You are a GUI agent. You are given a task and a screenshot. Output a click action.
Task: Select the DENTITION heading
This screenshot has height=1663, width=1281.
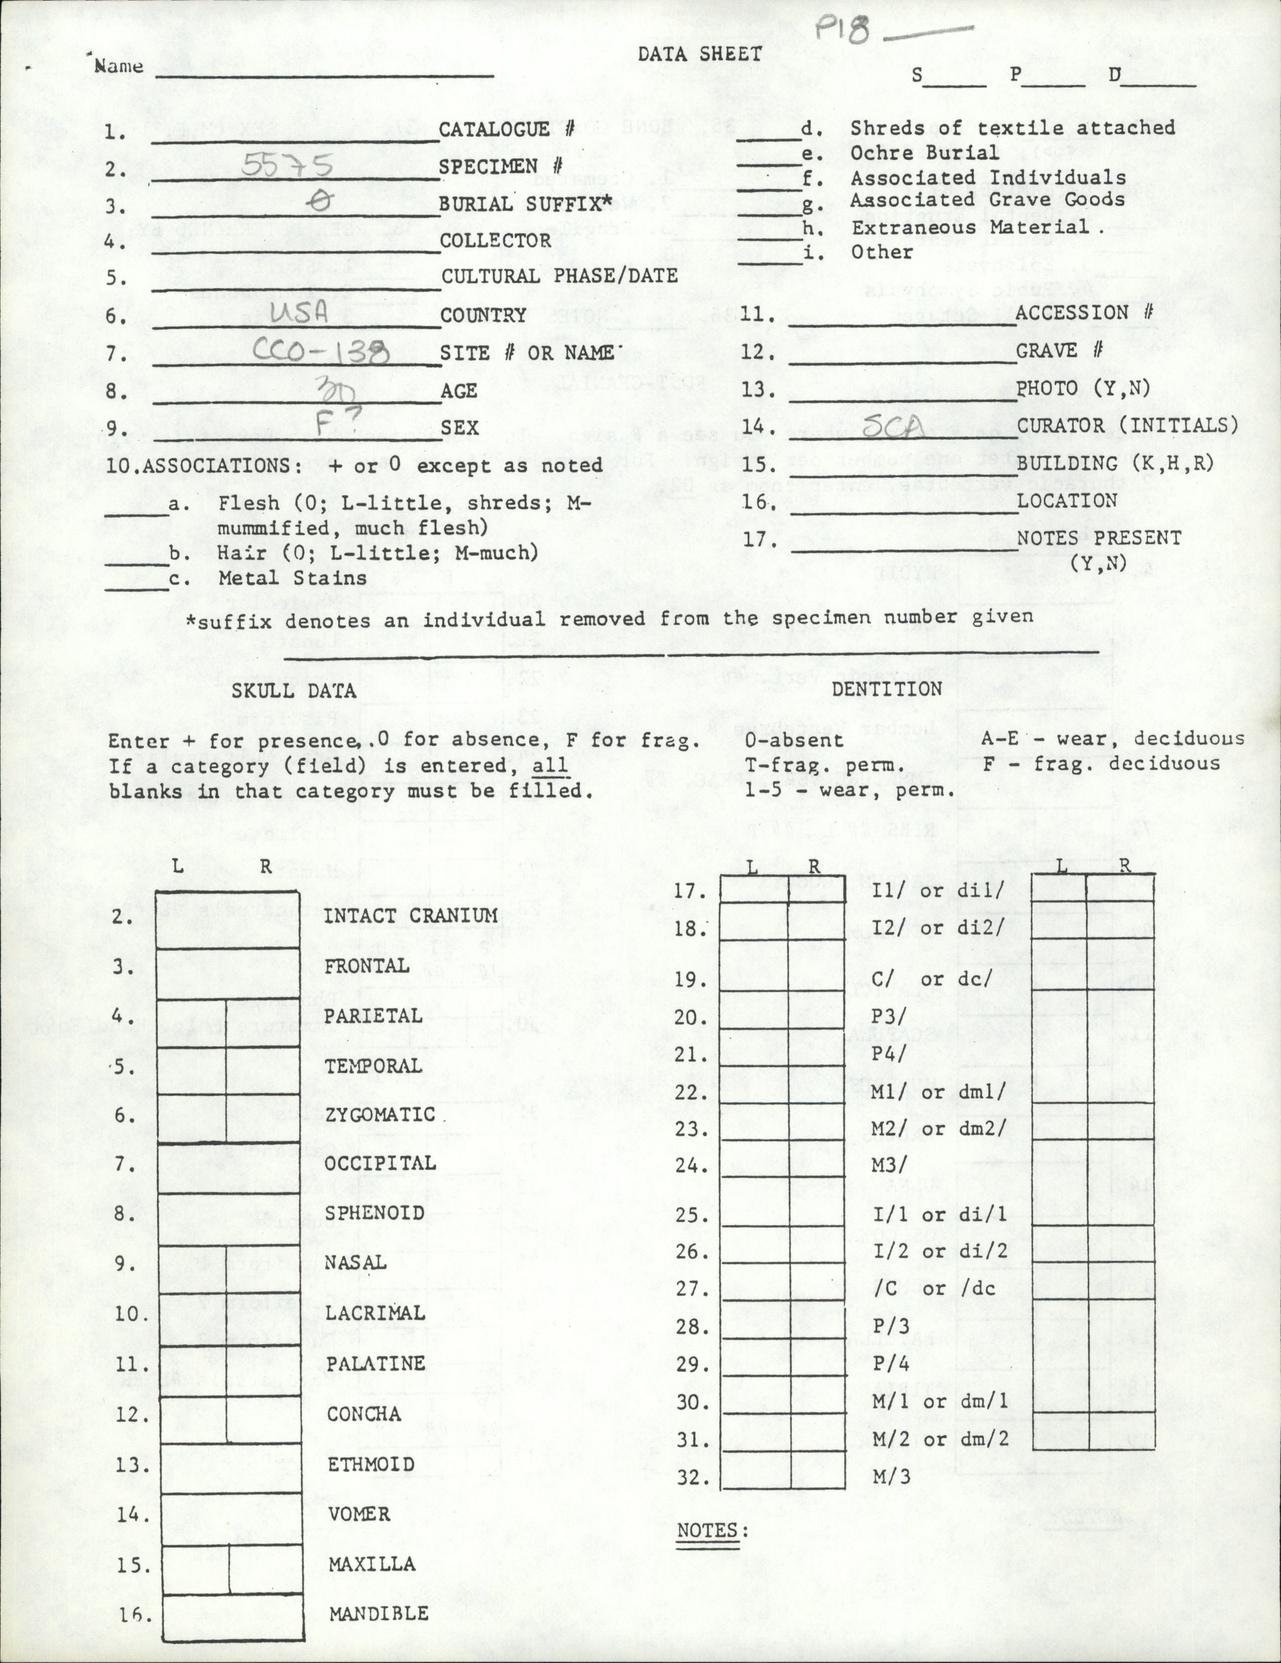click(888, 688)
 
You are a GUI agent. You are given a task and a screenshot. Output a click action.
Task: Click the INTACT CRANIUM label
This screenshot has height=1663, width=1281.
click(411, 915)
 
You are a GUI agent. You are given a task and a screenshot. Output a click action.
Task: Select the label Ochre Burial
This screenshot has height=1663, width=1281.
click(925, 152)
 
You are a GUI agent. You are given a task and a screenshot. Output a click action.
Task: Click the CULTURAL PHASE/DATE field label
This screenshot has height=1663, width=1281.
click(559, 276)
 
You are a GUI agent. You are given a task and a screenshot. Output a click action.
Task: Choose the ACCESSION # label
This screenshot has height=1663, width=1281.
click(1084, 312)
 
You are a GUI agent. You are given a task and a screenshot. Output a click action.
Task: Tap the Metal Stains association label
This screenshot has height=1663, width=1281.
click(292, 578)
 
